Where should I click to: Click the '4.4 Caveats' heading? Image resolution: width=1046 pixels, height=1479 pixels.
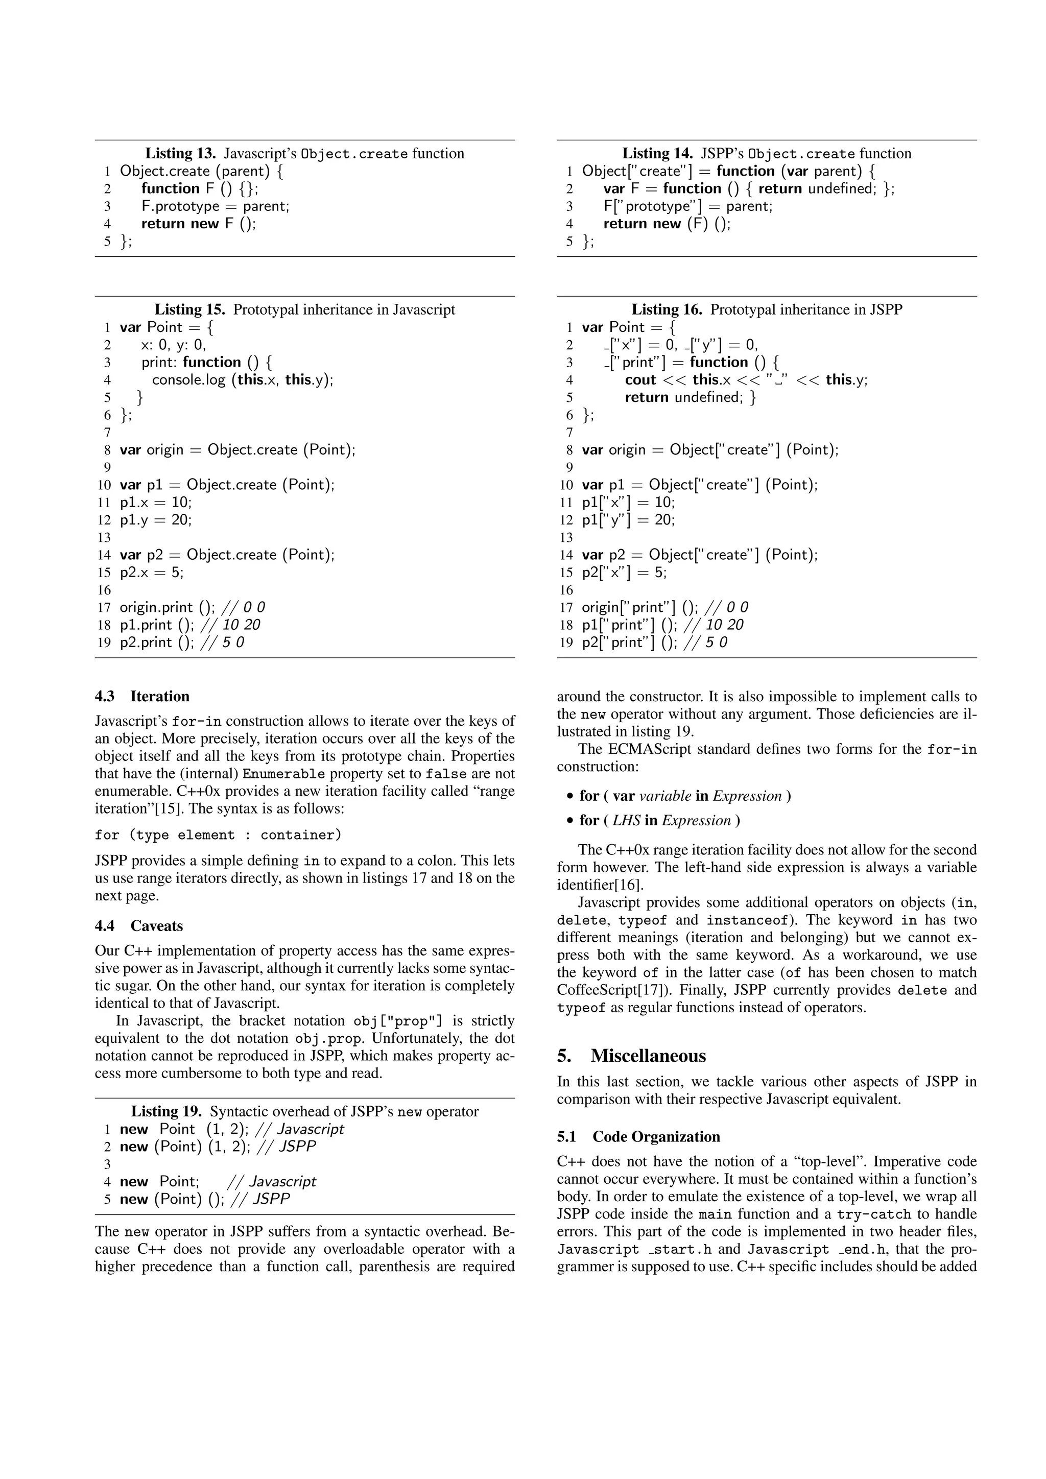coord(138,926)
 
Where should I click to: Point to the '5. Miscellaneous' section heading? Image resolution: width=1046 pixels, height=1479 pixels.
coord(631,1056)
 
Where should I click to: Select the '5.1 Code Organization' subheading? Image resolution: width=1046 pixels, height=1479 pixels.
coord(638,1136)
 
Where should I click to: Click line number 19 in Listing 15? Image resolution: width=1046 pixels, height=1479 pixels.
coord(104,643)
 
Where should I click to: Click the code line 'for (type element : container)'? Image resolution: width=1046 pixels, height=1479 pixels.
coord(218,835)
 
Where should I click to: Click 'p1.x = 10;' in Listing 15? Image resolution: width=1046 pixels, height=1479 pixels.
coord(155,503)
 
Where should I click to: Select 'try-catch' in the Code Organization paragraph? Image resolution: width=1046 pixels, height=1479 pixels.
coord(873,1214)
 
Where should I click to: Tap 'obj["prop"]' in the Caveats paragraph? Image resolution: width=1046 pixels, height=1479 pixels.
coord(398,1021)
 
